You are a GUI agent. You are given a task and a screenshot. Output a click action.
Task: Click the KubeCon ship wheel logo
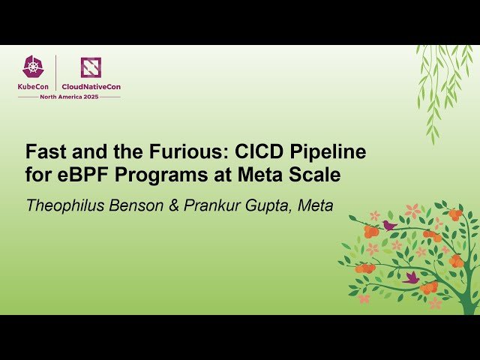[x=33, y=67]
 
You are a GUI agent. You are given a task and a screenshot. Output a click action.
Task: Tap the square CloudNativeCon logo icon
[x=91, y=67]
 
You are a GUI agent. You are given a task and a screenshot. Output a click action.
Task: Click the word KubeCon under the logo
[x=34, y=87]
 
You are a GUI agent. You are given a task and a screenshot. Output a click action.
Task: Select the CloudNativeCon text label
[x=91, y=87]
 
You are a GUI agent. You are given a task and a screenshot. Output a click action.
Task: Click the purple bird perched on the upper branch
[x=389, y=225]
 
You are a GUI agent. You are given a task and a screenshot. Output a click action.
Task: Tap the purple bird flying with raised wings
[x=411, y=277]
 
